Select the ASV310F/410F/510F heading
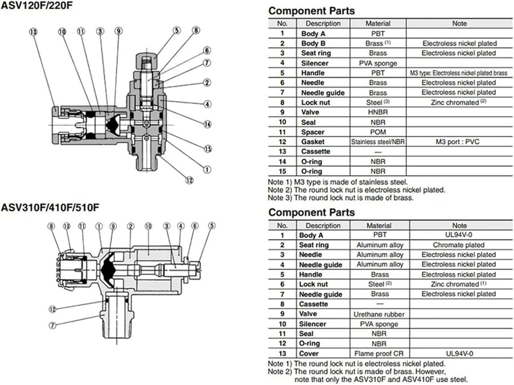(50, 207)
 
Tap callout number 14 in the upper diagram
(207, 124)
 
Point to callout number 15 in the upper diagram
(208, 149)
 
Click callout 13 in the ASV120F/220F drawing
(33, 32)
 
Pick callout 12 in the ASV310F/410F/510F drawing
(52, 309)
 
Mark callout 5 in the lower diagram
(212, 226)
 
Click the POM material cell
(378, 132)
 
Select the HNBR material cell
(378, 112)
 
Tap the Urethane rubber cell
(379, 314)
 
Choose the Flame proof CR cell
(379, 353)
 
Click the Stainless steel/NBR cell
(378, 142)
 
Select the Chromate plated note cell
(458, 245)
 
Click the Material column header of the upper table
(378, 23)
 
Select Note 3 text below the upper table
(341, 198)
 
